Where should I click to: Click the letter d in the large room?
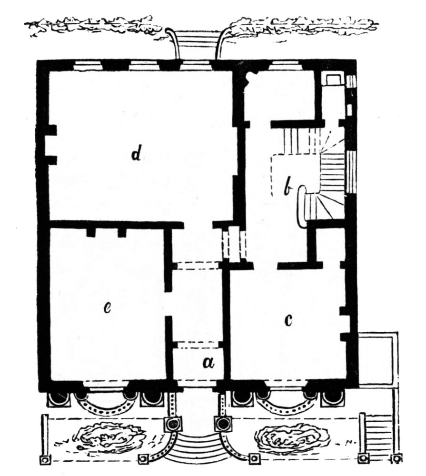[136, 154]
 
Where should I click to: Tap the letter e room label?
[107, 308]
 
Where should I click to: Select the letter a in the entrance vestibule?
[208, 362]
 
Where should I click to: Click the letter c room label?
[288, 320]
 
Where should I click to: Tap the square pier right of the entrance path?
[224, 423]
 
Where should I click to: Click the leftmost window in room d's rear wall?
[88, 66]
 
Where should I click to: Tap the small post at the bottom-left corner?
[44, 460]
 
